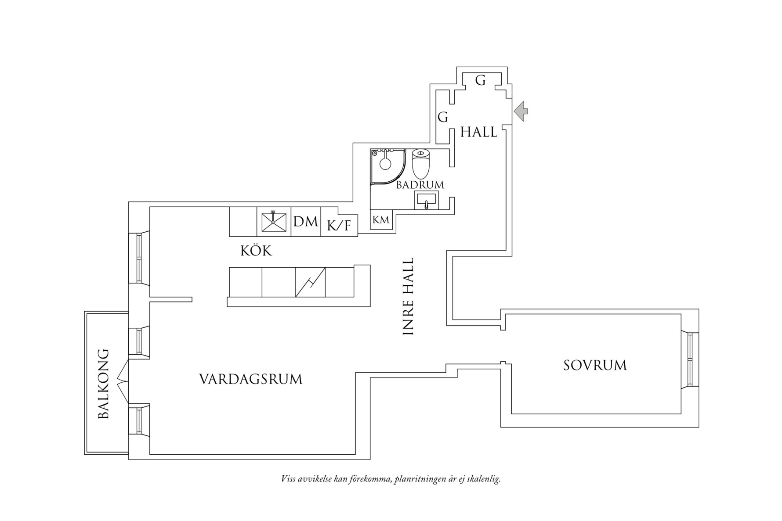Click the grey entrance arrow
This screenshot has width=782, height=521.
521,111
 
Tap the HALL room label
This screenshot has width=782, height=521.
478,132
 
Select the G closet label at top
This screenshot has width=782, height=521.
481,81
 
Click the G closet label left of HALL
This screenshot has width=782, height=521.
443,117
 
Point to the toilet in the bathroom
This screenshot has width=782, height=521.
422,163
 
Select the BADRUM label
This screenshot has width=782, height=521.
420,185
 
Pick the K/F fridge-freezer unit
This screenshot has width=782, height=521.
339,226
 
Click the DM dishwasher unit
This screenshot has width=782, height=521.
306,222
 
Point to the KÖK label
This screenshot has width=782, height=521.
256,251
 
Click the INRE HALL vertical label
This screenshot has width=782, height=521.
409,297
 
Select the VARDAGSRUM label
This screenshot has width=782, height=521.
251,379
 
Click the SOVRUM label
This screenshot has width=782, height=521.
595,366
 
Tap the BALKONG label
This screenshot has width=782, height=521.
103,384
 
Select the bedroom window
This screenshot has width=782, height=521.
690,360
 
